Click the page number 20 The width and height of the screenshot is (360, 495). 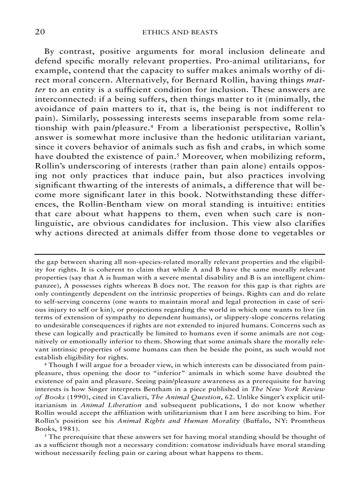(41, 33)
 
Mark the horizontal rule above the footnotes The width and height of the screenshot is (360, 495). (180, 254)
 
